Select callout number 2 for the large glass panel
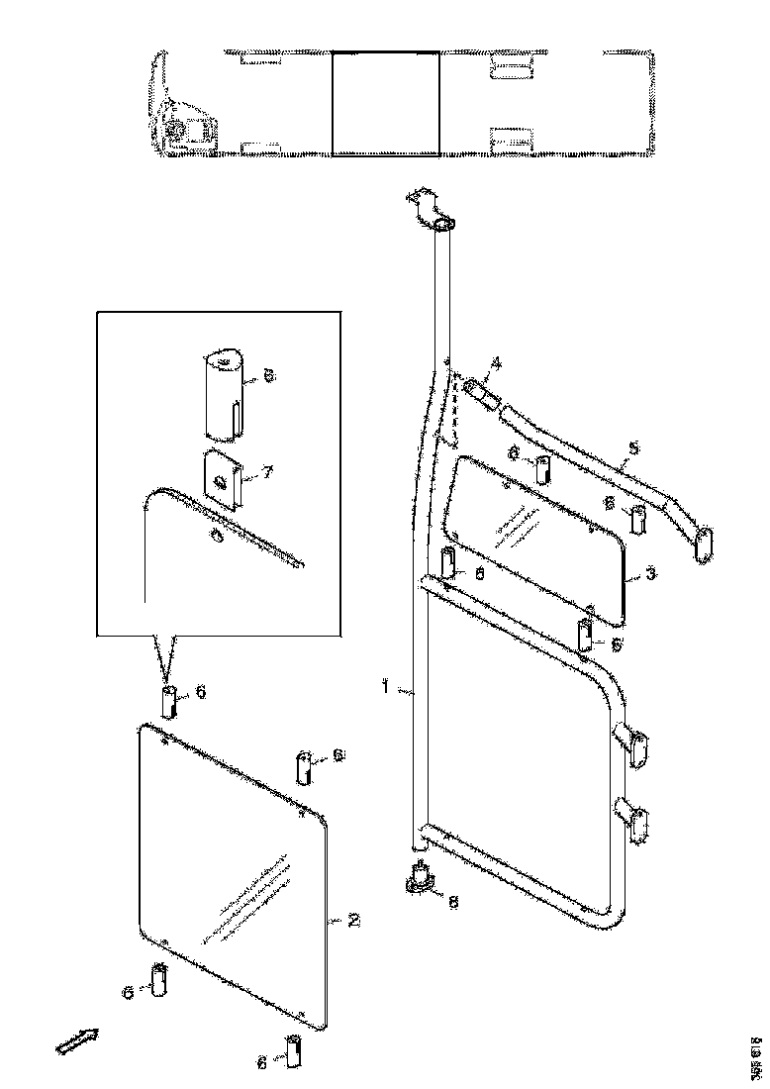point(353,920)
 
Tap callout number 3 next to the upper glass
point(649,573)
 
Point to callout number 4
point(496,364)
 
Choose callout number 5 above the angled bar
point(634,448)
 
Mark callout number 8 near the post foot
point(452,901)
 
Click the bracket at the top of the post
point(431,210)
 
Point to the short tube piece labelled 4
point(480,392)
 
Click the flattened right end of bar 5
point(704,543)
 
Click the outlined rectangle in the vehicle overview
point(385,104)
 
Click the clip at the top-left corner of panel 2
point(168,704)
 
